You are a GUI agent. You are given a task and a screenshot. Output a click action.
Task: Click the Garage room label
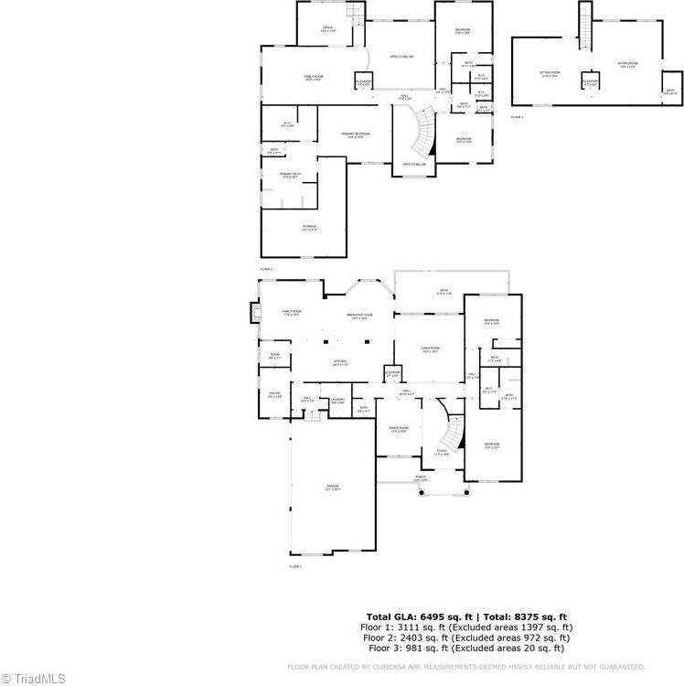click(x=331, y=488)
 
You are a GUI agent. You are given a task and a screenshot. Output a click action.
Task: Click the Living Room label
click(x=430, y=348)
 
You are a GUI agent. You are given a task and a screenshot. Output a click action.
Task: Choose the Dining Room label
click(x=399, y=430)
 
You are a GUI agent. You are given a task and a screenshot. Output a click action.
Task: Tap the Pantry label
click(x=273, y=395)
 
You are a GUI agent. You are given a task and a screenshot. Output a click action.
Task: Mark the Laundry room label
click(x=337, y=401)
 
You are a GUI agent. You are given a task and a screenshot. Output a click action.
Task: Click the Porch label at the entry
click(x=420, y=478)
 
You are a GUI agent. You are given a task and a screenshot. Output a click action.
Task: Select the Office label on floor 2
click(x=326, y=28)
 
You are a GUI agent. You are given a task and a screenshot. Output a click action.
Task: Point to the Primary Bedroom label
click(x=355, y=135)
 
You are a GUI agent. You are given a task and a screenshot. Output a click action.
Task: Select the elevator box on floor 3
click(x=590, y=83)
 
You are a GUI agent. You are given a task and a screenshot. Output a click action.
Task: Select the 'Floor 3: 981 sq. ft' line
click(x=466, y=648)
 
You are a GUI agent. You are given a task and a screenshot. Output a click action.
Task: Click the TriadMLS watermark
click(x=34, y=678)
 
